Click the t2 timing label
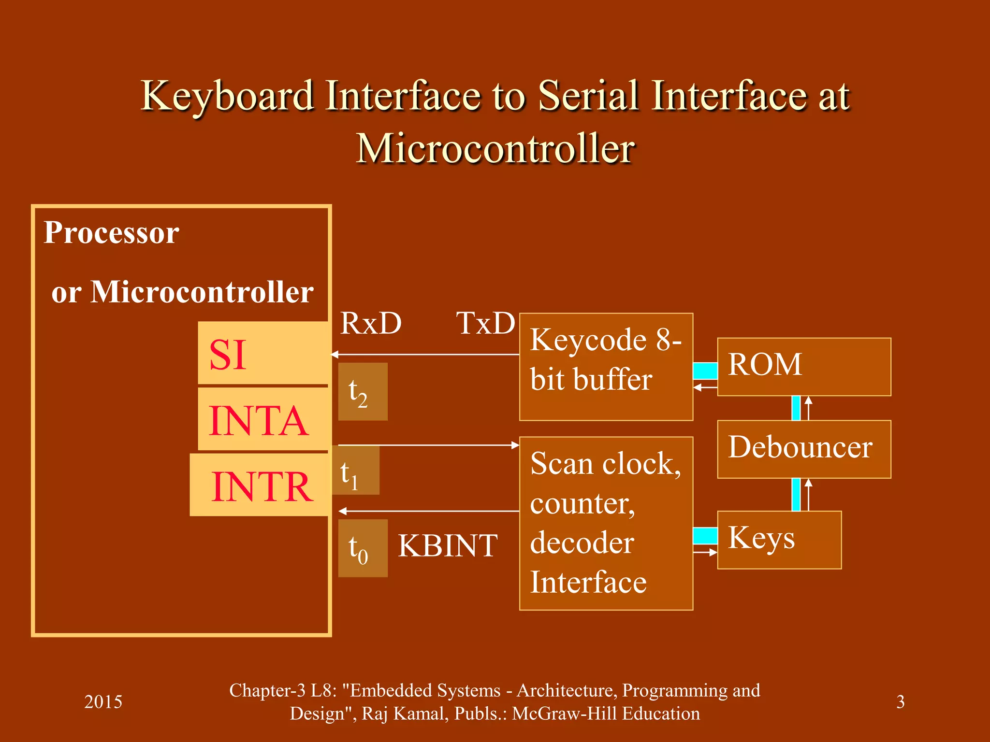pos(362,392)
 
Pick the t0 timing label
pos(362,548)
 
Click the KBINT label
pos(447,546)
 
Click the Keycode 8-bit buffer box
pos(606,367)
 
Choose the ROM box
pos(803,367)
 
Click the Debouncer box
pos(803,449)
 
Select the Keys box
pos(779,540)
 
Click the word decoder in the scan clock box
pos(582,543)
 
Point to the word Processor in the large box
pos(111,232)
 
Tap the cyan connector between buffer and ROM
pos(705,371)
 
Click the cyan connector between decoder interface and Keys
pos(705,536)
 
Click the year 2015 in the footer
pos(103,701)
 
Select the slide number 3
pos(900,701)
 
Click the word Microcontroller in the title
pos(495,148)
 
